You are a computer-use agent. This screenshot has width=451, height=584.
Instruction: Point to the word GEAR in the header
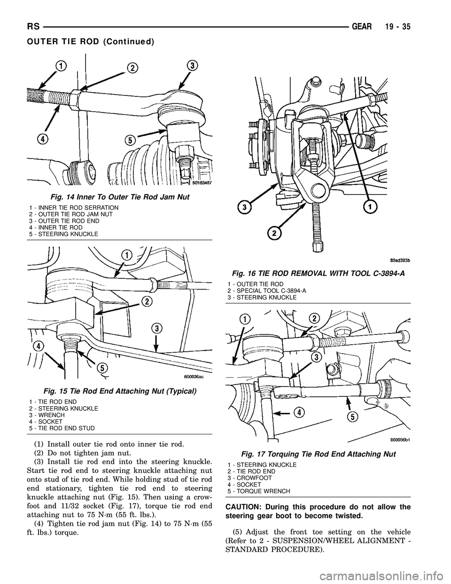coord(363,27)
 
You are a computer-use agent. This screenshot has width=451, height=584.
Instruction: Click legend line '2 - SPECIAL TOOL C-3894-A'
coord(267,291)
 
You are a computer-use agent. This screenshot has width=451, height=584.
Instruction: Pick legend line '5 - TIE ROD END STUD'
coord(62,428)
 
